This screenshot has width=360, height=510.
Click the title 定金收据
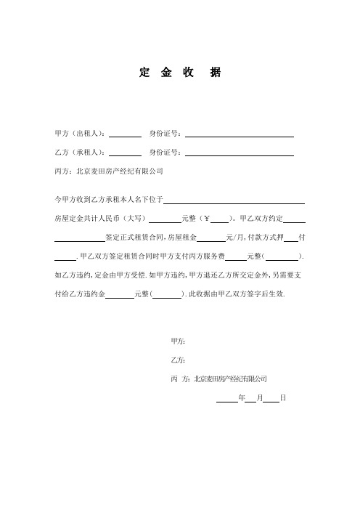pyautogui.click(x=179, y=74)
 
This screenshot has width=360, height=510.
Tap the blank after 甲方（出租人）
pyautogui.click(x=125, y=134)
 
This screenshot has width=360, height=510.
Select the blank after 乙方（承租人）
pyautogui.click(x=125, y=153)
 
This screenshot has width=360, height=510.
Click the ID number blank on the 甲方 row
pyautogui.click(x=240, y=134)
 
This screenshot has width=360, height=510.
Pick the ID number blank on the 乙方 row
pyautogui.click(x=240, y=153)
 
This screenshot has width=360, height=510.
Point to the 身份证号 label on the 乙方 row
pyautogui.click(x=166, y=153)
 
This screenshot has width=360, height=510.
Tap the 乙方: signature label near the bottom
pyautogui.click(x=178, y=360)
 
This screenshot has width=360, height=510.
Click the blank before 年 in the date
pyautogui.click(x=226, y=400)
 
